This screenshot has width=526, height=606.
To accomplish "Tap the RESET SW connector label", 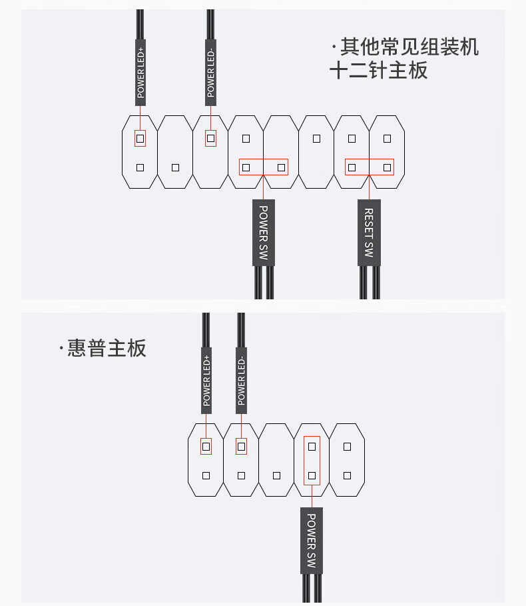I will point(369,232).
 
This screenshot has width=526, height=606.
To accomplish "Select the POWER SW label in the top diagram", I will point(263,232).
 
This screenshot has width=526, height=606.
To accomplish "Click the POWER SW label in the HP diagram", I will point(312,540).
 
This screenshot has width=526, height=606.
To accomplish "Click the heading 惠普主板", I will point(107,348).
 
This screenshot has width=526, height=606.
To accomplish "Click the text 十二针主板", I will point(378,70).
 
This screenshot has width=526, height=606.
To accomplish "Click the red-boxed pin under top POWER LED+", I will point(140,139).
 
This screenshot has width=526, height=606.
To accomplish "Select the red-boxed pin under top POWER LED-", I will point(210,139).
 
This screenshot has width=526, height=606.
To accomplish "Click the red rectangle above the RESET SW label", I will point(370,167).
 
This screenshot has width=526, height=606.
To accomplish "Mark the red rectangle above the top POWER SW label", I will point(264,167).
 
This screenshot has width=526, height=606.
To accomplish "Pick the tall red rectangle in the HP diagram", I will point(312,461).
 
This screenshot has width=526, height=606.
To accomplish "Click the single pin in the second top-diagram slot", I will point(175,167).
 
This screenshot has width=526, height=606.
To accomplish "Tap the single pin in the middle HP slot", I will point(276,475).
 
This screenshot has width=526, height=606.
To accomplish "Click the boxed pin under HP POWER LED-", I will point(241,446).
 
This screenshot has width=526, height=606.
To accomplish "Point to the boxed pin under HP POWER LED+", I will point(206,446).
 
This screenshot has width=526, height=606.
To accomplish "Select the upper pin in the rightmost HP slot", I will point(347,446).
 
